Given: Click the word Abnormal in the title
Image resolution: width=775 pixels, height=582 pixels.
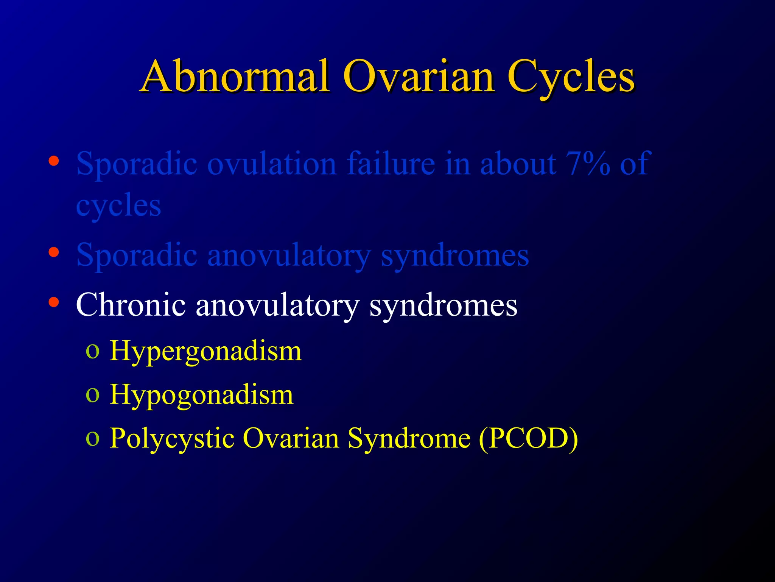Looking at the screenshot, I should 235,77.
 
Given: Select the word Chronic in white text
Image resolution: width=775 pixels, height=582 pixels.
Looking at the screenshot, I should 131,305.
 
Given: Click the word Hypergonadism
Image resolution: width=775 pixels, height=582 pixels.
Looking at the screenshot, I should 205,351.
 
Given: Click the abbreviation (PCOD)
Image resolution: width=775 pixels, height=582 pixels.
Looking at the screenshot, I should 528,438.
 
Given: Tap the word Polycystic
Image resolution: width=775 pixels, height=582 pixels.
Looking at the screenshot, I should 172,438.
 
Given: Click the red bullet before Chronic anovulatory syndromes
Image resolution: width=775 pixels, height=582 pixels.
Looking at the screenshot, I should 54,302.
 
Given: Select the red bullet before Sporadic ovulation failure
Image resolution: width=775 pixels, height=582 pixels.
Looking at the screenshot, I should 54,161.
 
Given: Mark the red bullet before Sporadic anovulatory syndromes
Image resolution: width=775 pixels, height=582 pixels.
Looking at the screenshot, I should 54,252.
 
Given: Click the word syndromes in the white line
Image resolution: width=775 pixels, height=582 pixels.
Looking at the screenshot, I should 443,305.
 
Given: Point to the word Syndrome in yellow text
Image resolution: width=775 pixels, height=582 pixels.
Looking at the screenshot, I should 409,438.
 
